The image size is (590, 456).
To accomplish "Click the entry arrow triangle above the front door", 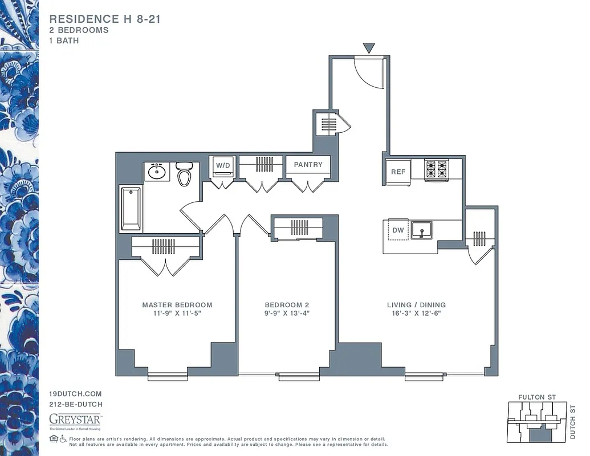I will (x=369, y=48).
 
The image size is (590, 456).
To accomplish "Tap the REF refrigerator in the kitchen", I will (x=397, y=172).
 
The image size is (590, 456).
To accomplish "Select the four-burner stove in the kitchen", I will (x=437, y=169).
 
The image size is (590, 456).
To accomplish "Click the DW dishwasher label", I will (x=398, y=230).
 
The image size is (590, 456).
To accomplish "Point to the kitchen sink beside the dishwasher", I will (x=422, y=230).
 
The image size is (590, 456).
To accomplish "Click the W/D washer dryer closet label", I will (x=222, y=165).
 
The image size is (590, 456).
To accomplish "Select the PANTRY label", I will (x=308, y=165).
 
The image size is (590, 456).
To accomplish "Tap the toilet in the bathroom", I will (x=184, y=174).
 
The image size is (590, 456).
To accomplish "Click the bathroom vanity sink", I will (x=156, y=171).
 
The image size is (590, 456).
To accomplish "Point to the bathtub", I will (x=131, y=208).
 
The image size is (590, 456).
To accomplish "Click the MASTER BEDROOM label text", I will (x=177, y=305).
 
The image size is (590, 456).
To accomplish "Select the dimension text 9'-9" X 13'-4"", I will (x=287, y=313).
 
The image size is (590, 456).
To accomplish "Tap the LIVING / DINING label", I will (x=416, y=305).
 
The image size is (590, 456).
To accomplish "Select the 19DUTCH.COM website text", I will (x=75, y=394).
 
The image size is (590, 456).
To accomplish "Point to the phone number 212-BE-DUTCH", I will (x=76, y=404).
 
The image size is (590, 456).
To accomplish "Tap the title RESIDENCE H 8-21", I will (x=105, y=19).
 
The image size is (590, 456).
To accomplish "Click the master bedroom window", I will (x=167, y=376).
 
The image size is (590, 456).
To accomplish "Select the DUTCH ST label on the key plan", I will (x=572, y=422).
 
